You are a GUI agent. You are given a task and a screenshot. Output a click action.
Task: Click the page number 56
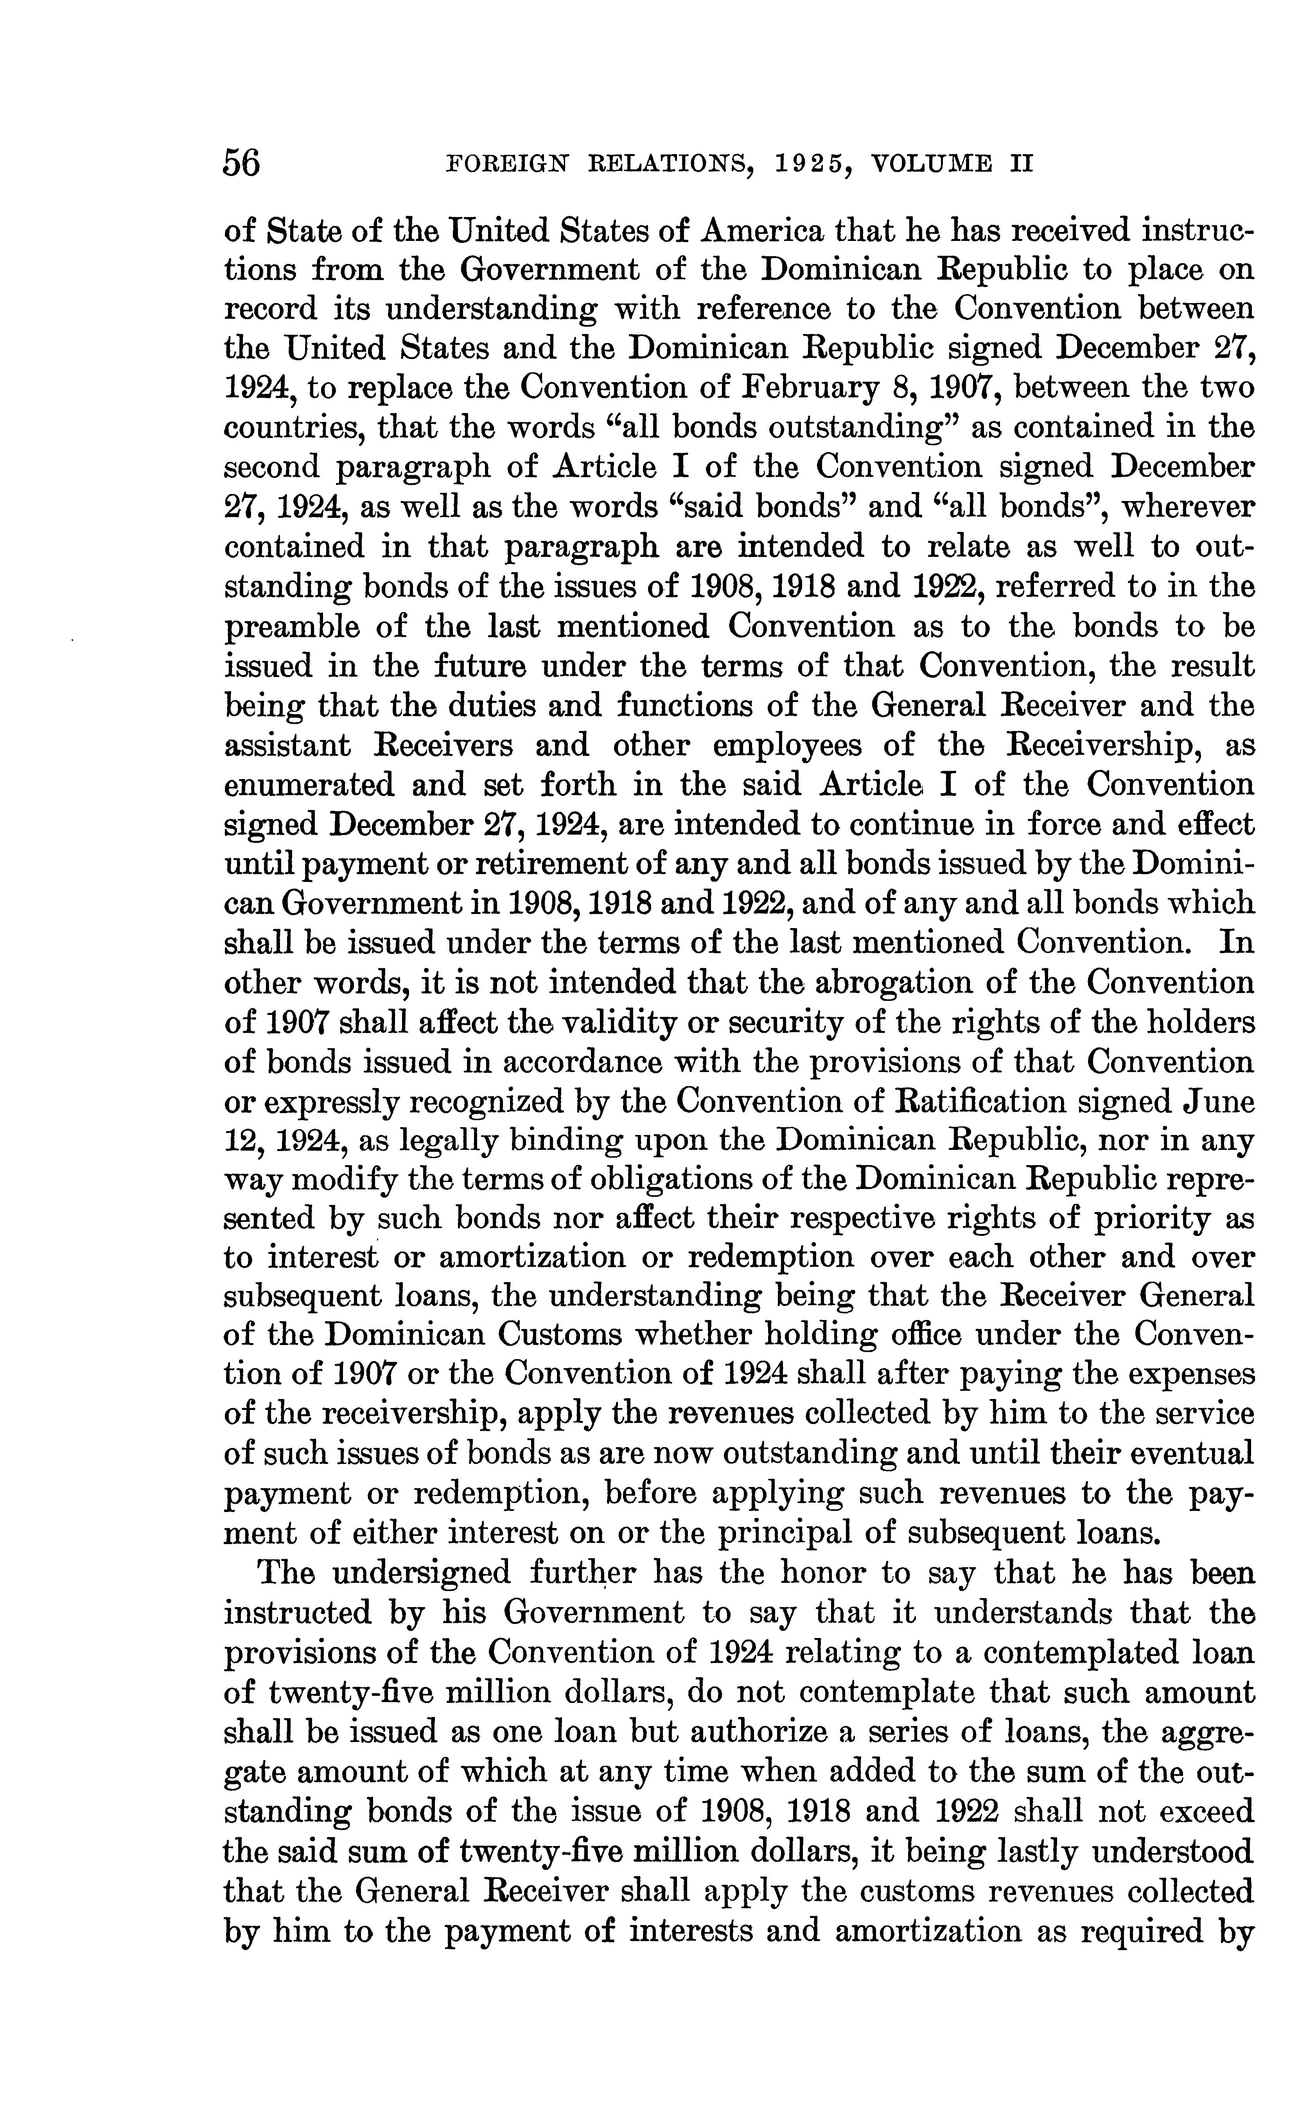[x=243, y=163]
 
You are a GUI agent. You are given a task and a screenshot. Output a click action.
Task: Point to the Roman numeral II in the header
[x=1021, y=163]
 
